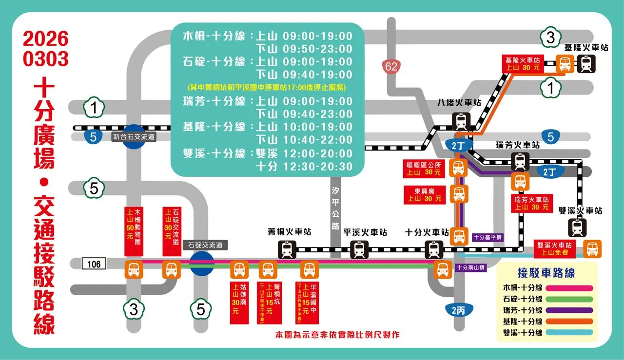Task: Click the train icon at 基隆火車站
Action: (585, 64)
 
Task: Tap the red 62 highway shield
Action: (391, 66)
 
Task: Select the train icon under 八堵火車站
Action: (461, 120)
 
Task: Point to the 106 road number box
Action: (94, 264)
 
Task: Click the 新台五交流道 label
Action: (134, 137)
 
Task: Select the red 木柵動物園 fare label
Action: (133, 231)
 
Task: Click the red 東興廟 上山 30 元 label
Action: (424, 194)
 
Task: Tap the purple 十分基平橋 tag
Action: (487, 237)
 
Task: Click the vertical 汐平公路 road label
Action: (334, 208)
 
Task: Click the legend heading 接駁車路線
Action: (546, 273)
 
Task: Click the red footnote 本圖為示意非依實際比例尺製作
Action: (337, 335)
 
